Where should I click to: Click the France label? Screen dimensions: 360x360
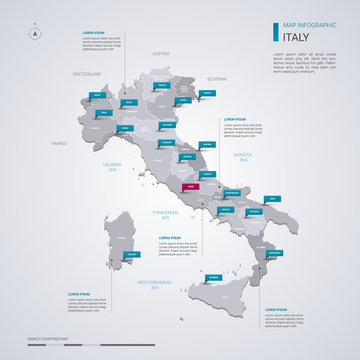(60, 144)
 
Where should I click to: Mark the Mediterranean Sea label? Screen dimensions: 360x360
(156, 284)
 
